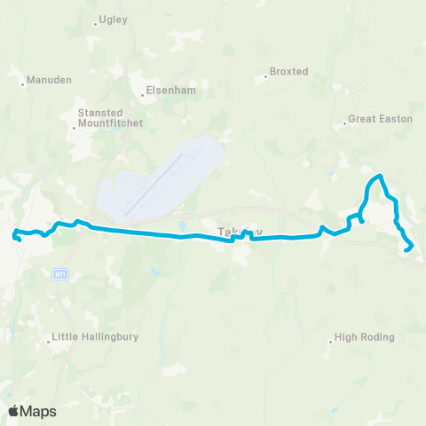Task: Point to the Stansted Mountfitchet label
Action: pos(110,118)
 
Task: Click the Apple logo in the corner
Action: pos(15,411)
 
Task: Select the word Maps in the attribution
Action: pos(38,411)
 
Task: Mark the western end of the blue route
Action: pos(14,236)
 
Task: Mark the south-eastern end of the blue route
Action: pos(407,250)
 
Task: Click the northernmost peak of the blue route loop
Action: pos(381,177)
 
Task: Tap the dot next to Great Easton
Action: pos(344,119)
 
